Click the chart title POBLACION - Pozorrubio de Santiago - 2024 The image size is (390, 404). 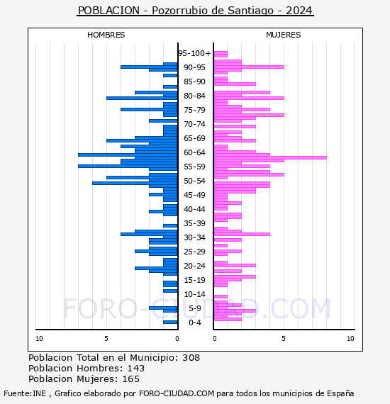(x=195, y=11)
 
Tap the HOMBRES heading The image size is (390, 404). (x=106, y=35)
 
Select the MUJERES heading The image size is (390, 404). (x=284, y=35)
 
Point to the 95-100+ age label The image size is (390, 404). (x=194, y=53)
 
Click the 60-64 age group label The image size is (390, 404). (x=194, y=152)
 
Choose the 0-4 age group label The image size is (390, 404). (x=194, y=322)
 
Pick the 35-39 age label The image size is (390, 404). (x=194, y=223)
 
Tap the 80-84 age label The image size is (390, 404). (x=194, y=96)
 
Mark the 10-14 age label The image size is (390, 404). (x=194, y=294)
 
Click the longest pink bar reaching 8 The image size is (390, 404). (x=270, y=157)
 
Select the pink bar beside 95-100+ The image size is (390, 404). (x=221, y=54)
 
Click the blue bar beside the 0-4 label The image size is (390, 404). (x=170, y=322)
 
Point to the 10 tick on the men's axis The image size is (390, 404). (x=39, y=339)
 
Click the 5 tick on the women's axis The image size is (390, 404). (x=284, y=339)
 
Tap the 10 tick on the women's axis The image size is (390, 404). (x=350, y=339)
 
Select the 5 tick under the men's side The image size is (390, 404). (x=106, y=339)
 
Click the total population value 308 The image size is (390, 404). (x=191, y=358)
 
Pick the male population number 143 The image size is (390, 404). (x=136, y=369)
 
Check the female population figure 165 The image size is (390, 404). (x=131, y=379)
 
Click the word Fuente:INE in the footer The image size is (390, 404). (x=25, y=393)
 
